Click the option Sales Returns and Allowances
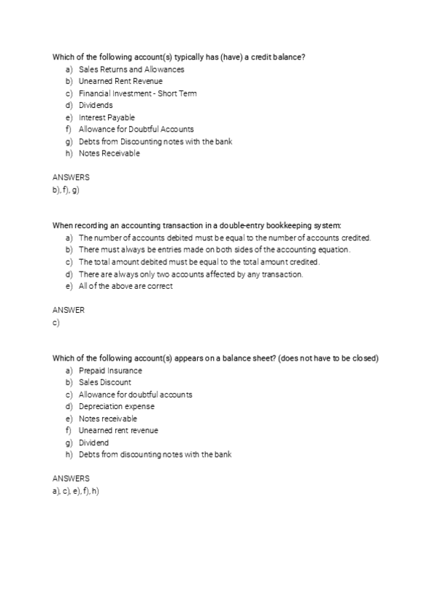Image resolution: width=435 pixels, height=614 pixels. click(131, 70)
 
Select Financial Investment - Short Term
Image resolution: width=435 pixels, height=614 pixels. click(137, 93)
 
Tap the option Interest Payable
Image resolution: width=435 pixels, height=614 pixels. click(107, 117)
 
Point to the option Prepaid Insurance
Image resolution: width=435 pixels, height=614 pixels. click(110, 371)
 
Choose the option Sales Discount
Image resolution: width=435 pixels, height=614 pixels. click(105, 382)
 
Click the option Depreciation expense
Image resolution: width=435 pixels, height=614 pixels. click(116, 406)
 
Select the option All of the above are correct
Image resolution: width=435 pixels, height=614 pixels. click(125, 285)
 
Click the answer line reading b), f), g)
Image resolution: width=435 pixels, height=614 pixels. click(65, 190)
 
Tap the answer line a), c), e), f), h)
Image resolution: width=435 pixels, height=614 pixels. click(75, 491)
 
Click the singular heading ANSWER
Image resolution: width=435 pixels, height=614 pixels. click(68, 310)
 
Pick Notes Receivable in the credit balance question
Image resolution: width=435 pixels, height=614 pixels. click(109, 153)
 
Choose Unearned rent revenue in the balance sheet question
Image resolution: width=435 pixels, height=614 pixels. click(118, 430)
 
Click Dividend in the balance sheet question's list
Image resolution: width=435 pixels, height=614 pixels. click(94, 442)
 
